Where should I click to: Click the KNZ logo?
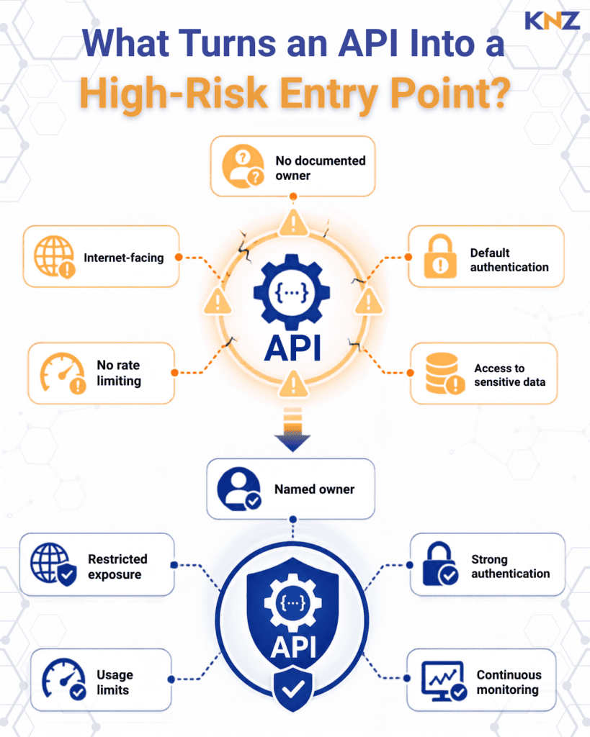click(x=552, y=21)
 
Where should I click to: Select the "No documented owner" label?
click(x=321, y=168)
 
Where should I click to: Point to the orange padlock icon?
click(x=440, y=257)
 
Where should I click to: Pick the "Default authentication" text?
click(x=509, y=260)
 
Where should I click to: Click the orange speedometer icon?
click(x=63, y=373)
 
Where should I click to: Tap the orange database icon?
click(x=444, y=374)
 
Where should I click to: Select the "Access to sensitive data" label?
click(x=509, y=375)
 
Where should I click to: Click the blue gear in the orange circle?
click(x=292, y=292)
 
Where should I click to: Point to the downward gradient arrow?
click(x=292, y=430)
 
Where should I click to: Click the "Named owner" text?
click(x=314, y=489)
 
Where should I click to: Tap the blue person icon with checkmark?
click(x=239, y=489)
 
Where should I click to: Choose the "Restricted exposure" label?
click(x=117, y=566)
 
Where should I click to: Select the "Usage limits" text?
click(x=115, y=682)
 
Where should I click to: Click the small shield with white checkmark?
click(x=292, y=689)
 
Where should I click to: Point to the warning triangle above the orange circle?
click(x=293, y=223)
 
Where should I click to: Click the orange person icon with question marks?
click(x=243, y=166)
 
